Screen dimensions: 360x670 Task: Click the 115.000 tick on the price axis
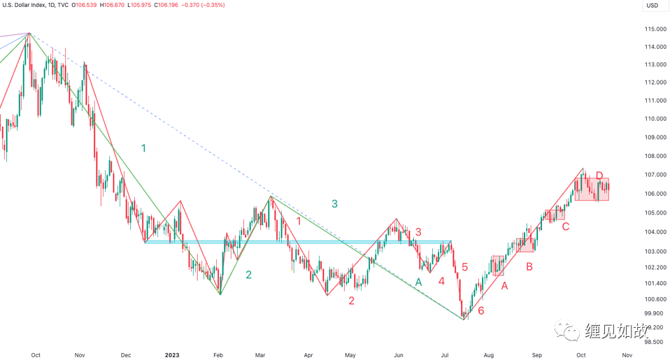click(655, 29)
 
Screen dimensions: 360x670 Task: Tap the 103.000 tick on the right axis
click(655, 251)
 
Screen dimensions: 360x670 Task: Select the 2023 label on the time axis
click(172, 355)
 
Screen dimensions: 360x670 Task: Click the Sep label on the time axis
click(536, 355)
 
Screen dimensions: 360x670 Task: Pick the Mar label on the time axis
click(260, 355)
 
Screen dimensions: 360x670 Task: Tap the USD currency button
click(653, 6)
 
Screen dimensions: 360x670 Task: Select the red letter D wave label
click(599, 175)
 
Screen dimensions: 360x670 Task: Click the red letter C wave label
click(565, 226)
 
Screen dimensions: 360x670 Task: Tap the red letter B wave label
click(529, 266)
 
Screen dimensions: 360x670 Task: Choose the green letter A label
click(418, 282)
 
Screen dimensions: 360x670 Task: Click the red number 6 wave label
click(481, 310)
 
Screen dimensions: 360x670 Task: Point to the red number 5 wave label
click(464, 266)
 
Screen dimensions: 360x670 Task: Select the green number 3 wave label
click(334, 203)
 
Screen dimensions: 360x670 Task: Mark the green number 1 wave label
click(143, 148)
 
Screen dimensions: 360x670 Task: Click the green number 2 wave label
click(248, 275)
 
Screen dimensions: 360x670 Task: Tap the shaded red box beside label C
click(555, 215)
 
